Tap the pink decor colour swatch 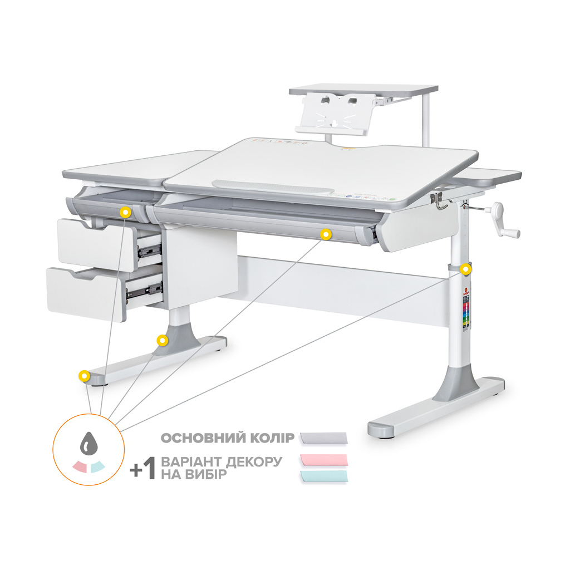(323, 460)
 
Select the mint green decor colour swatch (323, 476)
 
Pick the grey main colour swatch (323, 438)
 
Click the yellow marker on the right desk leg (465, 269)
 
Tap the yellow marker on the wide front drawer (326, 234)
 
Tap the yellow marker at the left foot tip (84, 376)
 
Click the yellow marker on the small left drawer (126, 212)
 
